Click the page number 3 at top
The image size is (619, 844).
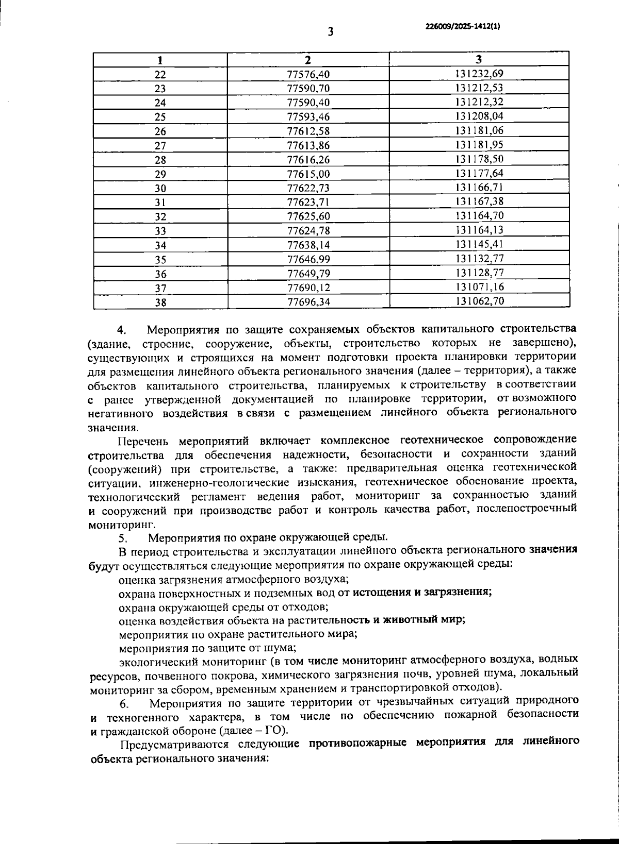(330, 32)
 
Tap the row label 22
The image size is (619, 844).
(160, 74)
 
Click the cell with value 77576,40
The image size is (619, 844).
(308, 74)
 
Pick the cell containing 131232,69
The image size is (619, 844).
(479, 74)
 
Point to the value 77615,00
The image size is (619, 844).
(308, 174)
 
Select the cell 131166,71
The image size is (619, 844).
(479, 188)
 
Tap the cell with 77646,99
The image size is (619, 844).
(308, 260)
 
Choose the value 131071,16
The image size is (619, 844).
(479, 287)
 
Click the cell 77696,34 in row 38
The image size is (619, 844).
(308, 302)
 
